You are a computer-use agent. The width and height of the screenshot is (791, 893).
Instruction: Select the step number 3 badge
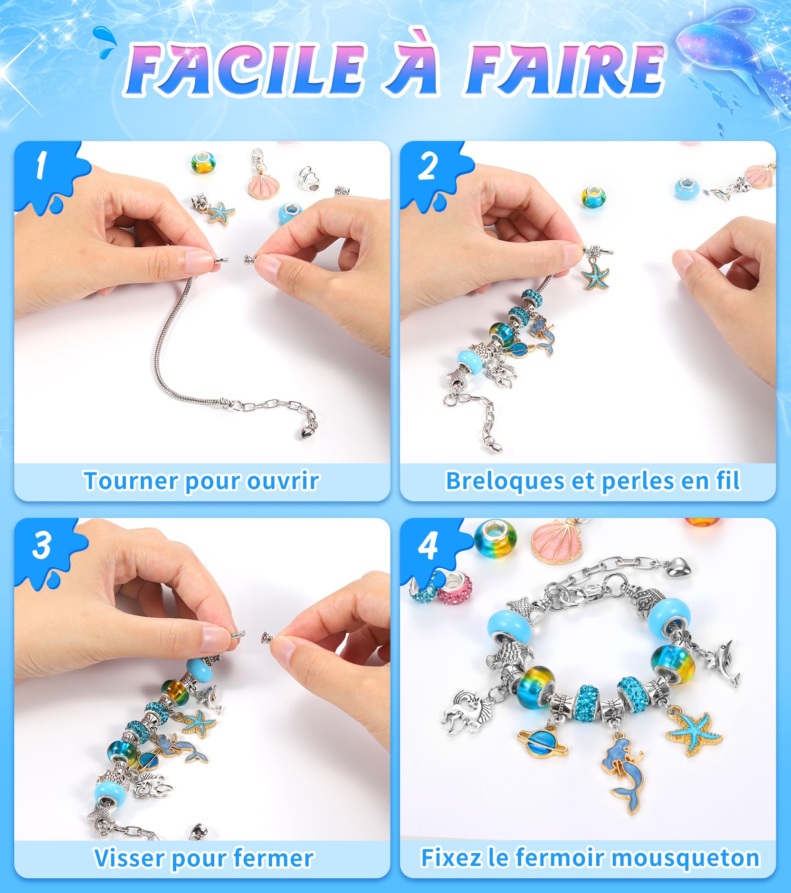pos(42,545)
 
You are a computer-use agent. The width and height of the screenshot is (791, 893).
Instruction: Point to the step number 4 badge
pos(428,546)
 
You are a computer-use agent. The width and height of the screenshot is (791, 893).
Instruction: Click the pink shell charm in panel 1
pos(264,186)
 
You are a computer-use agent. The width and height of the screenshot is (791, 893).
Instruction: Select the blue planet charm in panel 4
pos(542,741)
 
